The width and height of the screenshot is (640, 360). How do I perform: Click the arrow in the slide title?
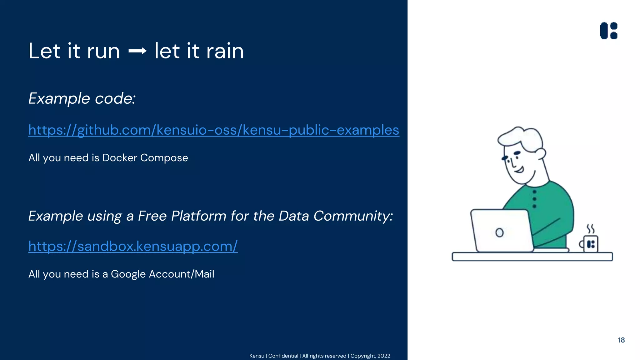click(x=137, y=51)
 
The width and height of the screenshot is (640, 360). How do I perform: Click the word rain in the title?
click(x=225, y=51)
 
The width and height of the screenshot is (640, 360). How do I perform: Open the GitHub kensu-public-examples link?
click(x=214, y=130)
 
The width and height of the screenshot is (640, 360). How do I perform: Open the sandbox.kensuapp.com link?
click(x=133, y=246)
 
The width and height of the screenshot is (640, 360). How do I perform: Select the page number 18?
click(x=621, y=340)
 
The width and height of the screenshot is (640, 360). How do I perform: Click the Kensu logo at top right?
click(x=609, y=31)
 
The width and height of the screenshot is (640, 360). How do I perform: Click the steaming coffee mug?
click(x=590, y=244)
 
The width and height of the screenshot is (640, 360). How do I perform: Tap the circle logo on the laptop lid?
click(x=499, y=232)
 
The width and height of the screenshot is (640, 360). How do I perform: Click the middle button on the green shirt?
click(x=534, y=199)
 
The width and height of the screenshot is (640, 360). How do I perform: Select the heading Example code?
click(x=82, y=98)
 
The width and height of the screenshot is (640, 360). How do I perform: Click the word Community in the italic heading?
click(x=352, y=216)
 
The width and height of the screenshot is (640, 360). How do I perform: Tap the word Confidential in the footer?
click(x=283, y=356)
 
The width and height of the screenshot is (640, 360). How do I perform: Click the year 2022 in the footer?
click(x=384, y=356)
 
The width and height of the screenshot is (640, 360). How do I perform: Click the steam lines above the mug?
click(x=590, y=229)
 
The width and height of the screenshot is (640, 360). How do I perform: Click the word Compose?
click(x=164, y=158)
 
